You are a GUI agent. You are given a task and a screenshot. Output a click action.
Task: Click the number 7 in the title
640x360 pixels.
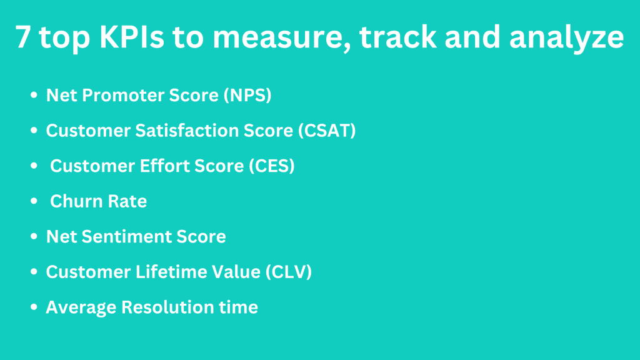coord(23,37)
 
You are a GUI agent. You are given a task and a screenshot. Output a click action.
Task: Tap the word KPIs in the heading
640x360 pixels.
coord(131,37)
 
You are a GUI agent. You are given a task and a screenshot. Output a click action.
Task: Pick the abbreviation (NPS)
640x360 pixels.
coord(247,96)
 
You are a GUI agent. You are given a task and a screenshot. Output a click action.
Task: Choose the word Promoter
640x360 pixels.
coord(123,95)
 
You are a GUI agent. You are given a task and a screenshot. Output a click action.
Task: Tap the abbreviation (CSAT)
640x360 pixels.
coord(327,131)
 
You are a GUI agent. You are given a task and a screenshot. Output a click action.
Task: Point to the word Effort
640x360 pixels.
coord(164,166)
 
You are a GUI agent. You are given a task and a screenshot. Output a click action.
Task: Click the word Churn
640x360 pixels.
coord(76,201)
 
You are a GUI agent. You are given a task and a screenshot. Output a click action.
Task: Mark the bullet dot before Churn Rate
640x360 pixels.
coord(34,201)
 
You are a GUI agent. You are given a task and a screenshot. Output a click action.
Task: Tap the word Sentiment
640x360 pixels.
coord(126,237)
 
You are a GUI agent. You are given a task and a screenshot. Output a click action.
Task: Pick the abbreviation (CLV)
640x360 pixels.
coord(289,272)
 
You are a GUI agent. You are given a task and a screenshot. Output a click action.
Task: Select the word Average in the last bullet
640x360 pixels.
coord(81,307)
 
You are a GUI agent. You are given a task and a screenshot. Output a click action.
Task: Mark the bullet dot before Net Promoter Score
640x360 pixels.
coord(34,95)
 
